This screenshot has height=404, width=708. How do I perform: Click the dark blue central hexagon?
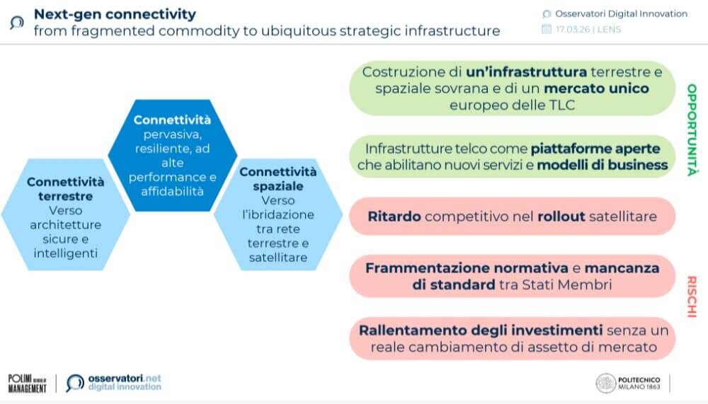[x=173, y=155]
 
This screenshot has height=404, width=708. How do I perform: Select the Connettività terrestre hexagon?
[x=66, y=214]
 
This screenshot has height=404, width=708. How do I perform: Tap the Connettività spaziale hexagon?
[x=278, y=214]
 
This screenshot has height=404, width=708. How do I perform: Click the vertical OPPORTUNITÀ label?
[x=692, y=130]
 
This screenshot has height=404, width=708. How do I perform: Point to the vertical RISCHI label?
[x=692, y=296]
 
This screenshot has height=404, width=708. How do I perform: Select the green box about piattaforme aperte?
[x=513, y=156]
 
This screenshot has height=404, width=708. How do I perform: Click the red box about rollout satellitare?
[x=513, y=217]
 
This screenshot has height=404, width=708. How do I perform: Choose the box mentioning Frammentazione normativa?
[x=513, y=276]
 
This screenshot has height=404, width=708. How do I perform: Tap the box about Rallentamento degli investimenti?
[x=513, y=338]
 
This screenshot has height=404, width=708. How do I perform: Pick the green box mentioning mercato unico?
[x=513, y=88]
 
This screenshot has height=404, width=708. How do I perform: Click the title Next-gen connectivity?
[x=115, y=14]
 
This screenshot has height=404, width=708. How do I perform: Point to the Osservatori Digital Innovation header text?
[x=622, y=14]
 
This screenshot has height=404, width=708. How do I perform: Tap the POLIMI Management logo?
[x=28, y=383]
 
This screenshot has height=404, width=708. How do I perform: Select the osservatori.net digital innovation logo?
[x=114, y=383]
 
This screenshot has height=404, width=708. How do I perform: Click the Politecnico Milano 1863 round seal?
[x=606, y=383]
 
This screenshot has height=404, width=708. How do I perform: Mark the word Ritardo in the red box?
[x=394, y=217]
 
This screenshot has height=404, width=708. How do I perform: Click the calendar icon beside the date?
[x=547, y=29]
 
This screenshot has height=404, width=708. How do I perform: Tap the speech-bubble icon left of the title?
[x=17, y=23]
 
